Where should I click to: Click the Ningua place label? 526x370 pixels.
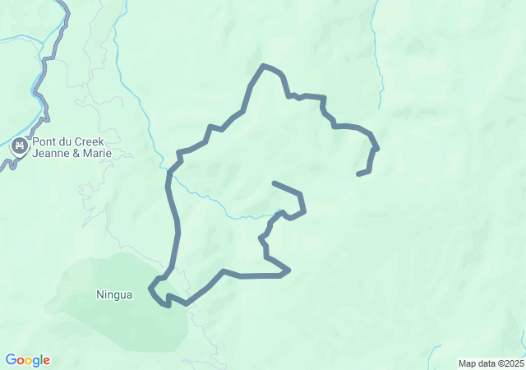click(x=113, y=295)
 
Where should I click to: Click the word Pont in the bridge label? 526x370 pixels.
click(x=44, y=141)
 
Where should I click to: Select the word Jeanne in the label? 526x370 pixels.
click(x=51, y=154)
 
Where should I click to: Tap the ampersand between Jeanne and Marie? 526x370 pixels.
click(x=76, y=154)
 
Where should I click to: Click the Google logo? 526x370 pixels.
click(x=27, y=360)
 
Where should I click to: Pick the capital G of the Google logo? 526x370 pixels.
click(x=10, y=360)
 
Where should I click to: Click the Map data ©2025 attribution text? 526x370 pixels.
click(x=491, y=363)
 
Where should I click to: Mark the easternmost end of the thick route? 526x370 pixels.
click(x=358, y=174)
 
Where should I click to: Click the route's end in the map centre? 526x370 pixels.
click(x=274, y=183)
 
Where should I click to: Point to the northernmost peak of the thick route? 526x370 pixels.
click(x=263, y=65)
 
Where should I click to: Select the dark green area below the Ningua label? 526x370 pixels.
click(x=140, y=325)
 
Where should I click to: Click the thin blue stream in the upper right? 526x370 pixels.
click(x=381, y=74)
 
